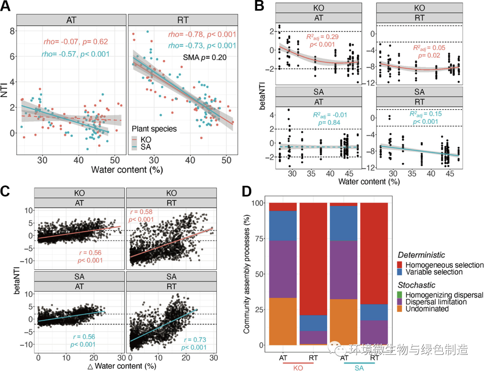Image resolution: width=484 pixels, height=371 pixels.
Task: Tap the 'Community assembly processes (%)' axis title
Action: tap(246, 274)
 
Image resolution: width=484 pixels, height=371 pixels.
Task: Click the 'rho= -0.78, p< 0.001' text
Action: tap(202, 35)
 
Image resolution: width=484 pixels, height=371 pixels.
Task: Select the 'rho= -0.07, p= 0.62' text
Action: tap(76, 42)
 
